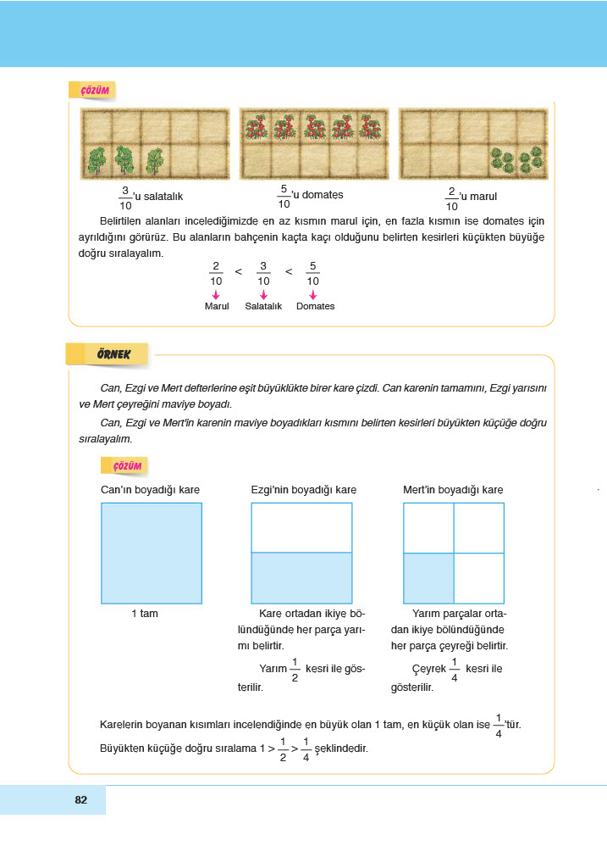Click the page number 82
(x=81, y=800)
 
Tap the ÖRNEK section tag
(x=108, y=353)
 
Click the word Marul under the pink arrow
(x=217, y=306)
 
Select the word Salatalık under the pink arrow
(x=263, y=306)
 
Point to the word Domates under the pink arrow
(x=315, y=306)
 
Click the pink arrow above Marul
(x=217, y=293)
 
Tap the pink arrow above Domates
(x=312, y=293)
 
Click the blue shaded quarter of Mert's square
(x=428, y=578)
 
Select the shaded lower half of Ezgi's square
(x=301, y=578)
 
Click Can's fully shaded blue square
(x=152, y=553)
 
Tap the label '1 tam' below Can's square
(x=144, y=614)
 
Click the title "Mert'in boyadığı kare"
(x=453, y=489)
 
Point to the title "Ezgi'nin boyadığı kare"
(x=304, y=489)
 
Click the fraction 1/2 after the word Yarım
(x=295, y=669)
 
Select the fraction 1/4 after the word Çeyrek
(x=455, y=669)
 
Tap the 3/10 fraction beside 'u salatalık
(x=124, y=197)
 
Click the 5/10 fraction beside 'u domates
(x=284, y=196)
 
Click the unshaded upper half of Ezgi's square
(x=301, y=527)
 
